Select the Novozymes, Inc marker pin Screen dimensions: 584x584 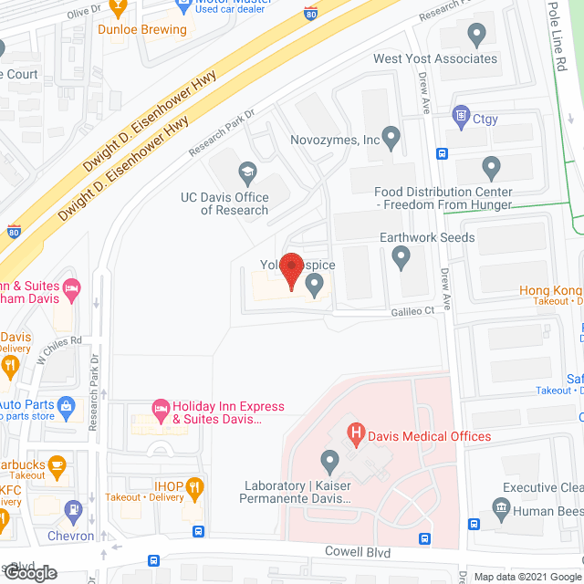click(x=391, y=139)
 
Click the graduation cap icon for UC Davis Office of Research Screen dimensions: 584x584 click(x=246, y=172)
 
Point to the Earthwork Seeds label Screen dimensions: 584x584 click(x=427, y=237)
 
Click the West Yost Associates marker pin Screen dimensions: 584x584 click(x=475, y=36)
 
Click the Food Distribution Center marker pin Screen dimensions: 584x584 click(x=491, y=168)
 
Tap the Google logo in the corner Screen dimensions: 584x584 click(x=29, y=572)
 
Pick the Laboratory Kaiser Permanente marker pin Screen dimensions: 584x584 click(x=328, y=459)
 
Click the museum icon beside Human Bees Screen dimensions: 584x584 click(x=499, y=507)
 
